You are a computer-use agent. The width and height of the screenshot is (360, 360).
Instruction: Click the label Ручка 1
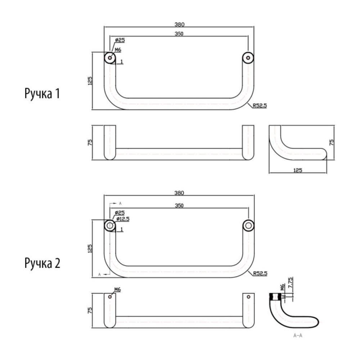(x=42, y=94)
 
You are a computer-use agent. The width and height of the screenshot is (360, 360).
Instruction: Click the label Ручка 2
(x=42, y=263)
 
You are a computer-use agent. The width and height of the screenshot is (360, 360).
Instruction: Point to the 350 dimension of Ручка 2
(x=179, y=205)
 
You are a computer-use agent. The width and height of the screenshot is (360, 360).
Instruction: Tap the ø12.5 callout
(x=123, y=219)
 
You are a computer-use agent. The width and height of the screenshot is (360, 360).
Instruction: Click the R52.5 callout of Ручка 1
(x=260, y=105)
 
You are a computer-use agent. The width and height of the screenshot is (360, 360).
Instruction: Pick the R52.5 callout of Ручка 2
(x=260, y=274)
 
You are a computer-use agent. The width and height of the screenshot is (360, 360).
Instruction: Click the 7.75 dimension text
(x=291, y=283)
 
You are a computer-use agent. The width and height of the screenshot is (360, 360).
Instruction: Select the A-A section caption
(x=298, y=336)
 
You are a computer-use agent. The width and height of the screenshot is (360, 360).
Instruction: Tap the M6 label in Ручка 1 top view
(x=118, y=50)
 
